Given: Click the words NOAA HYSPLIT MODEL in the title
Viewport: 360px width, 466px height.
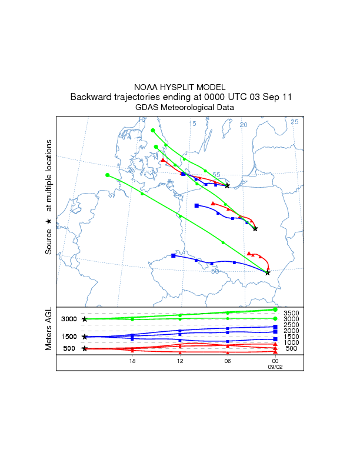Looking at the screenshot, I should [x=179, y=87].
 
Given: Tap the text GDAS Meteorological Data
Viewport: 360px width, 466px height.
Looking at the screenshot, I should [x=185, y=108].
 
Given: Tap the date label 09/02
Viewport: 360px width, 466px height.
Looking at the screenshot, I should [x=275, y=366].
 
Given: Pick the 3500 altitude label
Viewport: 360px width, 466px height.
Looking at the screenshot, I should [x=292, y=312].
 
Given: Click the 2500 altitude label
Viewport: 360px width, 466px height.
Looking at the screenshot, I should [x=292, y=325].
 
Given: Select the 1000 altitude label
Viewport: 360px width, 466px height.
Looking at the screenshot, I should [x=292, y=342].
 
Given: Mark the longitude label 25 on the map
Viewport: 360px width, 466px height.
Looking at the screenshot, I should [x=295, y=122].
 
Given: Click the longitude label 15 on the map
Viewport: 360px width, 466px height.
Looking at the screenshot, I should [x=192, y=124].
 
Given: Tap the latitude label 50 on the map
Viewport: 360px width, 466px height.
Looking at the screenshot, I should [x=215, y=271].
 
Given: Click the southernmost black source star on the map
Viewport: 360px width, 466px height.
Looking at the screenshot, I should [x=268, y=272].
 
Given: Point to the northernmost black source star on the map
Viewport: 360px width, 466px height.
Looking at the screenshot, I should [x=227, y=185].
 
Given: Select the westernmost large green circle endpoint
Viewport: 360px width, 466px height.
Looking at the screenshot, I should [x=107, y=175].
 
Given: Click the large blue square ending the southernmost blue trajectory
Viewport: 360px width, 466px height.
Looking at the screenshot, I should [x=173, y=255].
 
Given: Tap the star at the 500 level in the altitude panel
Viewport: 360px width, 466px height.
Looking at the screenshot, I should [x=85, y=348].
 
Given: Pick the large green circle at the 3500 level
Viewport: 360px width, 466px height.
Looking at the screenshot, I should [x=275, y=309].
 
